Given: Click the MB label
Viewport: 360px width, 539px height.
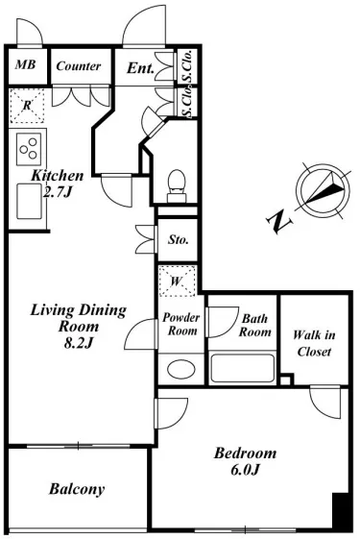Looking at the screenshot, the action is pyautogui.click(x=25, y=64).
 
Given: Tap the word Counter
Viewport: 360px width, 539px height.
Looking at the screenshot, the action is pyautogui.click(x=79, y=65).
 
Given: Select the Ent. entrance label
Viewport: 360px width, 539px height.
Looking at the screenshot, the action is pyautogui.click(x=140, y=68).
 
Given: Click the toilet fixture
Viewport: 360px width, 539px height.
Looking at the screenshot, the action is pyautogui.click(x=177, y=185).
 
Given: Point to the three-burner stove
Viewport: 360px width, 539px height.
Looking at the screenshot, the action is pyautogui.click(x=29, y=149).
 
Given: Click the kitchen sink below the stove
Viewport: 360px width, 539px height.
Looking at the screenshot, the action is pyautogui.click(x=30, y=201).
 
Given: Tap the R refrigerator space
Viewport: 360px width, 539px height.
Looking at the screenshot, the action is pyautogui.click(x=27, y=106).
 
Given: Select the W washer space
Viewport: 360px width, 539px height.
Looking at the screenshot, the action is pyautogui.click(x=178, y=281).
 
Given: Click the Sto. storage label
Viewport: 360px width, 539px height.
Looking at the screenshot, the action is pyautogui.click(x=178, y=239).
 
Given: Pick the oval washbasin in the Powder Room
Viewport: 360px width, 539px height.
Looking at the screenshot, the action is pyautogui.click(x=181, y=369).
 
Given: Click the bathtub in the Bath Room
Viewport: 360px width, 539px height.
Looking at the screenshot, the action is pyautogui.click(x=243, y=368).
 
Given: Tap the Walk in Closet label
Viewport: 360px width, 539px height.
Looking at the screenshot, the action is pyautogui.click(x=314, y=343).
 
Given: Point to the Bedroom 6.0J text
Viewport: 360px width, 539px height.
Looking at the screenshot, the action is pyautogui.click(x=245, y=461).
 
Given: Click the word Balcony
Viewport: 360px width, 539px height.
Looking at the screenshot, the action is pyautogui.click(x=77, y=489).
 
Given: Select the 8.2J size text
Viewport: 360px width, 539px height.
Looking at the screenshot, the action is pyautogui.click(x=79, y=343).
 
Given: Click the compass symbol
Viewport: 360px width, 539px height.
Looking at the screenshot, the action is pyautogui.click(x=323, y=190).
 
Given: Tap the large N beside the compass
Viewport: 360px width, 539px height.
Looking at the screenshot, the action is pyautogui.click(x=279, y=222).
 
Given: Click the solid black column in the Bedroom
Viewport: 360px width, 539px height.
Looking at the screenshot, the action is pyautogui.click(x=341, y=512).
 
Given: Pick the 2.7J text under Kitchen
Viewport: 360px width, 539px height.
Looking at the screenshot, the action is pyautogui.click(x=58, y=192).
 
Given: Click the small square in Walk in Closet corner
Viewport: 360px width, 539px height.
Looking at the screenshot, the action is pyautogui.click(x=287, y=380).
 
